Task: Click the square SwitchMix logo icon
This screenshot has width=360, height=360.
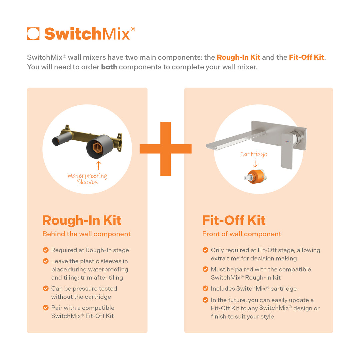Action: point(33,34)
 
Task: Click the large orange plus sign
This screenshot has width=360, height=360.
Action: point(165,149)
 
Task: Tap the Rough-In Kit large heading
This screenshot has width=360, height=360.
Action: point(82,220)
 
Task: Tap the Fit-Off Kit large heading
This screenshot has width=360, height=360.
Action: point(234,220)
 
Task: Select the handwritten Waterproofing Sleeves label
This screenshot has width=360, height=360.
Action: point(87,179)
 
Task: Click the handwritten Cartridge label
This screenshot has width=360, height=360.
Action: point(254,154)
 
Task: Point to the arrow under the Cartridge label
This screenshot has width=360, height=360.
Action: point(255,163)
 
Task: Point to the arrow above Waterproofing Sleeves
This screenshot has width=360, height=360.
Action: point(98,166)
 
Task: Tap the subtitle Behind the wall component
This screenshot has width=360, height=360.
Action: point(86,234)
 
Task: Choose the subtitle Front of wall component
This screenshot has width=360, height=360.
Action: point(242,234)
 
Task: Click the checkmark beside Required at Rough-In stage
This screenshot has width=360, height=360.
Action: point(46,250)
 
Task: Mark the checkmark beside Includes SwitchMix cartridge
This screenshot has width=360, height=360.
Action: point(205,289)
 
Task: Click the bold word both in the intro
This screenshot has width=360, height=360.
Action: point(109,67)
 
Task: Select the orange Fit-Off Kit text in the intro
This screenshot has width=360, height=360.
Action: point(306,57)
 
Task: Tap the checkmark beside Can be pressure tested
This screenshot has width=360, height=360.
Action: point(46,289)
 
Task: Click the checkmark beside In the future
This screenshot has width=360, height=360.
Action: point(205,300)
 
